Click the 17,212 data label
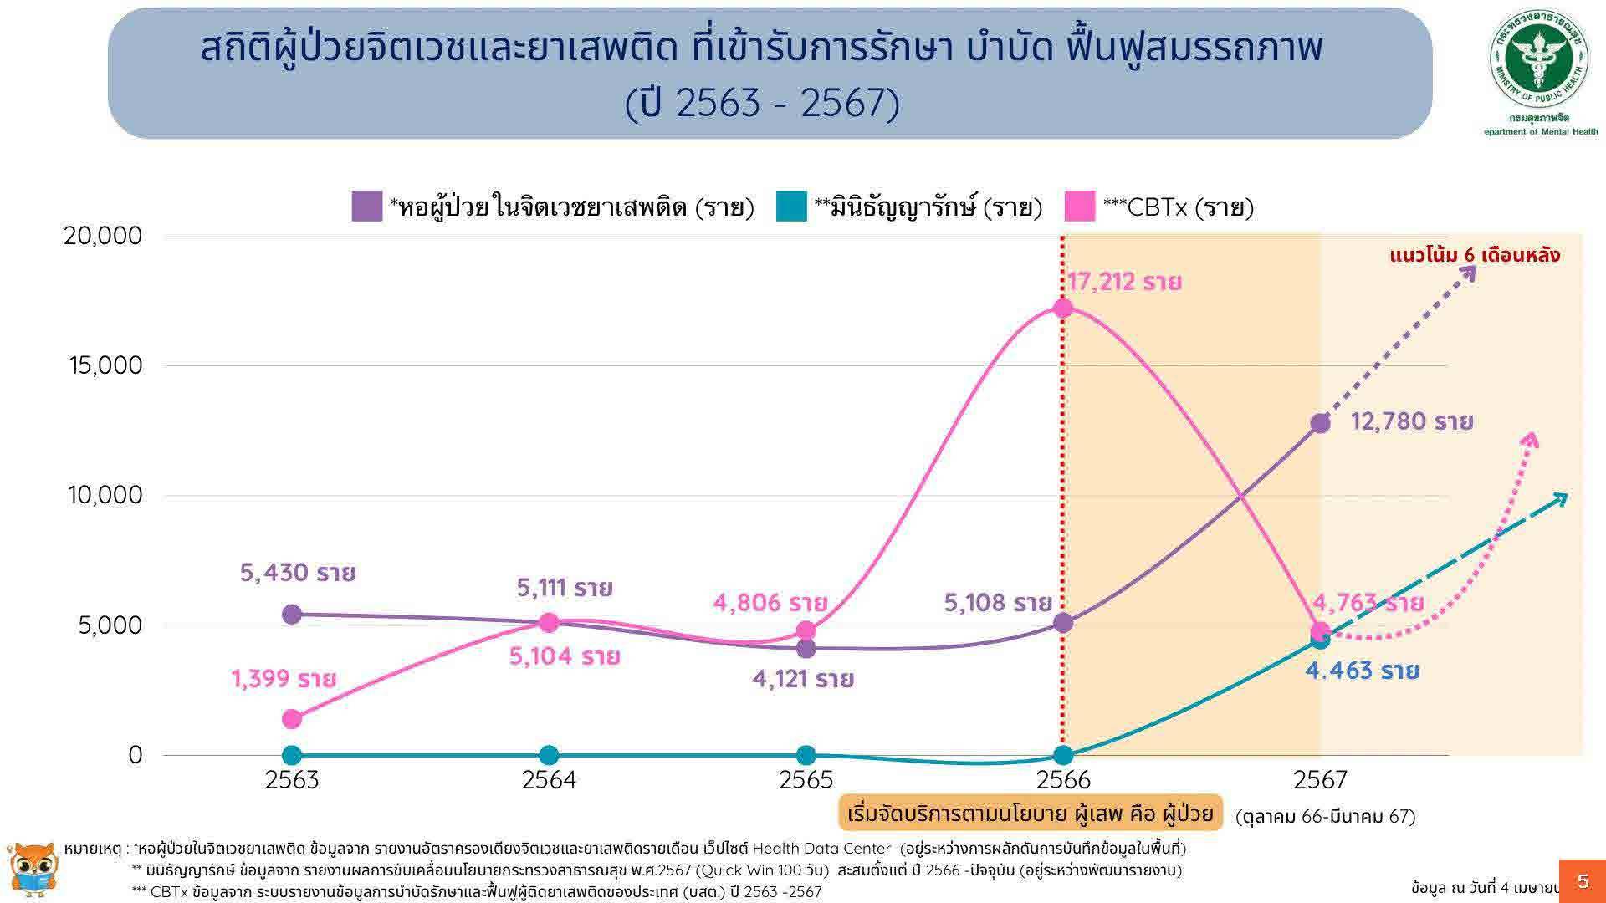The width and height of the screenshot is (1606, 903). point(1123,282)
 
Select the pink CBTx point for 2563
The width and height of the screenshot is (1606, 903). point(292,719)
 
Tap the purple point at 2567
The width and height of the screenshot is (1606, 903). point(1320,423)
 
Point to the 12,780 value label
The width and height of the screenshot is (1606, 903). point(1411,421)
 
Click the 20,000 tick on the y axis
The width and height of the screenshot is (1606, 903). point(103,236)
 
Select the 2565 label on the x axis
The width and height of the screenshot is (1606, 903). point(806,780)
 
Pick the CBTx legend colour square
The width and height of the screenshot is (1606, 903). point(1080,207)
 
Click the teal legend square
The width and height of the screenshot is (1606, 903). point(791,207)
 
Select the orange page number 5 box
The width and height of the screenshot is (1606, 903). point(1582,880)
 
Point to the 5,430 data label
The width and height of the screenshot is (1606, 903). point(298,574)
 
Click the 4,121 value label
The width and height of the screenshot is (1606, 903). point(802,679)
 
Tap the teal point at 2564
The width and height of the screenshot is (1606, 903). point(549,755)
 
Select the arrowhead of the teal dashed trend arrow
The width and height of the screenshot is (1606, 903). point(1560,498)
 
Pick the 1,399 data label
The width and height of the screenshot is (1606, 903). point(284,679)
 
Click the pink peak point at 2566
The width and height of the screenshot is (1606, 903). point(1062,309)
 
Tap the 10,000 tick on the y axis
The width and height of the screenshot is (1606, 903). point(105,496)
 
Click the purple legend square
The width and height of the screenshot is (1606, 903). point(367,207)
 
